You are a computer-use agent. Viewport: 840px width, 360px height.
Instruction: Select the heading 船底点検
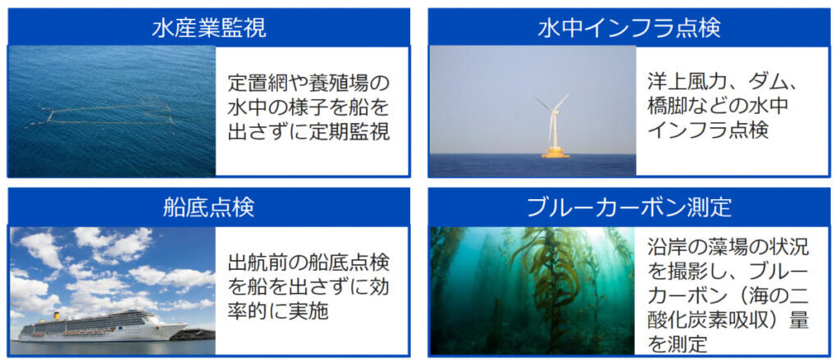coord(208,207)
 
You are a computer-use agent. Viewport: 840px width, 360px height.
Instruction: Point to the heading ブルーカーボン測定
coord(629,207)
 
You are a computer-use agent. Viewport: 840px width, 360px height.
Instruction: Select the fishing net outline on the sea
coord(102,113)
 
